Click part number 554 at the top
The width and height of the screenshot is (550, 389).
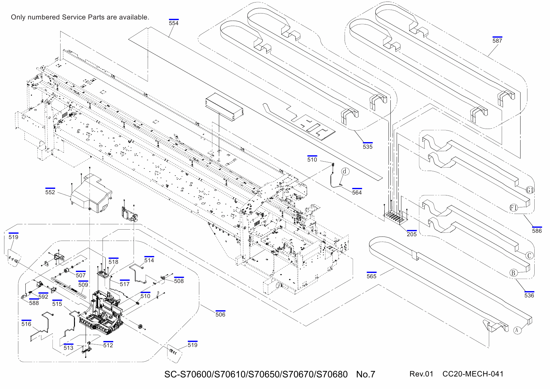point(173,23)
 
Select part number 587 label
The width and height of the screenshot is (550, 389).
point(497,41)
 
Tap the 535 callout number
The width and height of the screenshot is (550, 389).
point(368,147)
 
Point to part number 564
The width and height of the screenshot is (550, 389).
point(357,193)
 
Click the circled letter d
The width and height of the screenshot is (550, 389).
point(345,171)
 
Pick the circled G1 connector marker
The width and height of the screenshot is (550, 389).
point(530,190)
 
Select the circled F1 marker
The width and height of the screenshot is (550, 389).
point(513,208)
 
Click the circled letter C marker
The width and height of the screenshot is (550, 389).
point(529,256)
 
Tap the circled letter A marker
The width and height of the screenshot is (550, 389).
point(517,330)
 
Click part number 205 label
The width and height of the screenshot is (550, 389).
point(411,234)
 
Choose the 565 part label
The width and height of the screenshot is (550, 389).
point(371,276)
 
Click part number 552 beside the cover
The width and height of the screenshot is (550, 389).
point(50,192)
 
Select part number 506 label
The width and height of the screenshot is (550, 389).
point(220,315)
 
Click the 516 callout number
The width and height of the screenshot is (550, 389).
point(26,324)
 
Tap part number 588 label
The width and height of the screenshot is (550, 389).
point(34,303)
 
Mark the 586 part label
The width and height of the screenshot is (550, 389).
point(537,231)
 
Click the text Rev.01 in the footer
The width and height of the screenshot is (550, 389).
point(421,374)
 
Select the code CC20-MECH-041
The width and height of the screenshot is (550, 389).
point(473,374)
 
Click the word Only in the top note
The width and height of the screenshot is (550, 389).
point(18,17)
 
